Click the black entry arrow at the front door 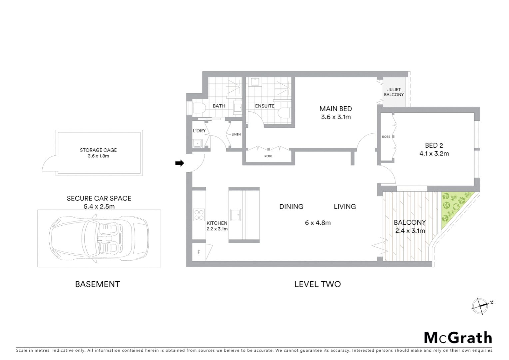180,163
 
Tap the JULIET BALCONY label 394,92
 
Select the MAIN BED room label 335,109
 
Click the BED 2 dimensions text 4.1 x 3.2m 434,154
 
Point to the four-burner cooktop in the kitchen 199,215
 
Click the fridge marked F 199,252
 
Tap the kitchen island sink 236,215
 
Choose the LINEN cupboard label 236,134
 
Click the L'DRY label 199,131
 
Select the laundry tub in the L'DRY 198,144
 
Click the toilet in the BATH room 199,108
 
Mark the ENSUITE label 265,106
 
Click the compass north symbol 480,305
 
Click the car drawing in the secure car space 99,238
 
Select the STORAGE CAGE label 98,150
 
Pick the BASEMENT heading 97,284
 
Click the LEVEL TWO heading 317,284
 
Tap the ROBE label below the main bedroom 268,156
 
